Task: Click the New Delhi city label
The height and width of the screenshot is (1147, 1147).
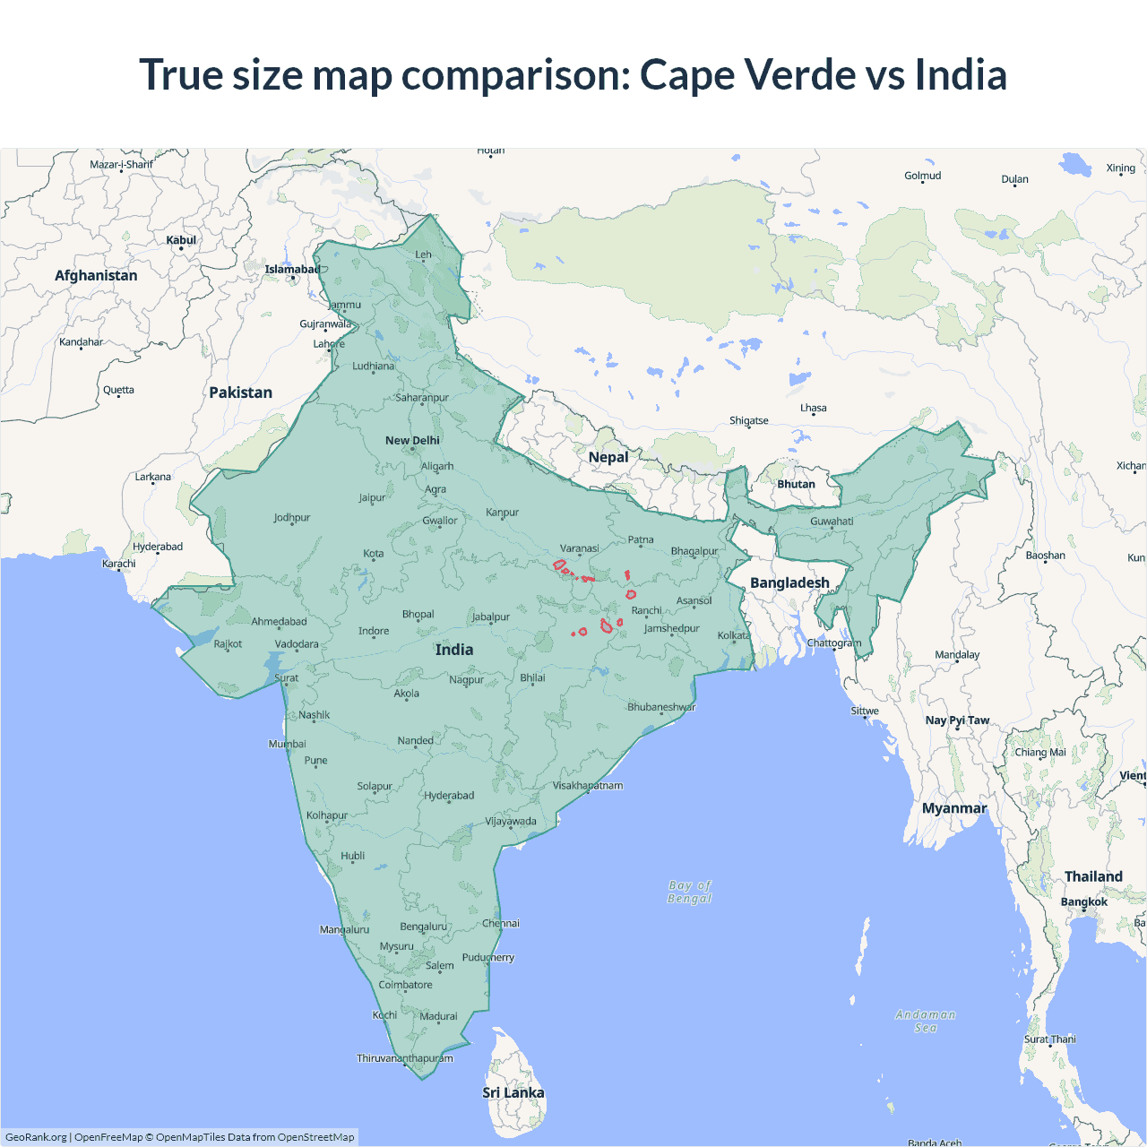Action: (412, 440)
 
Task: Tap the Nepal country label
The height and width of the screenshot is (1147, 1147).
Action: (608, 457)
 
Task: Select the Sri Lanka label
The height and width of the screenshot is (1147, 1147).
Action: (513, 1092)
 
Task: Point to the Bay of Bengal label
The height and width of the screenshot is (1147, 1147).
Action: (689, 892)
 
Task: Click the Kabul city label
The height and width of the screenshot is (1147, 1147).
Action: (181, 240)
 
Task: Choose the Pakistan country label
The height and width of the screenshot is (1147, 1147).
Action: (240, 392)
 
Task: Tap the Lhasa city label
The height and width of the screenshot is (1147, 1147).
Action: (814, 408)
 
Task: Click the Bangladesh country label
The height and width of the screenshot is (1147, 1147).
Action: (789, 582)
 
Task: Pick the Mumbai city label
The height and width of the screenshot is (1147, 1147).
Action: (287, 744)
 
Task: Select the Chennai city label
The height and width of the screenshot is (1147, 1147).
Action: (501, 923)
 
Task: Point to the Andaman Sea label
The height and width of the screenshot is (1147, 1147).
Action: (926, 1022)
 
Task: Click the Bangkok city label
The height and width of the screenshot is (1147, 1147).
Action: (1084, 901)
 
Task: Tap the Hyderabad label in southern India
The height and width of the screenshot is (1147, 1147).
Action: (449, 796)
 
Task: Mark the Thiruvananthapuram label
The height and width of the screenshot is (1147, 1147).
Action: (405, 1058)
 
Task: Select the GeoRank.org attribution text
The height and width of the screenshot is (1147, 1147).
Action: (36, 1137)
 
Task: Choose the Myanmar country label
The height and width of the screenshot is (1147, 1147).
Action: (954, 808)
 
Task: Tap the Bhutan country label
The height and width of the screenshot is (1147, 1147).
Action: (796, 484)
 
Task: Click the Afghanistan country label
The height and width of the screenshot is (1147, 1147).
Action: (96, 276)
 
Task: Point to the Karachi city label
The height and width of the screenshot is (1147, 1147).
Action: (119, 564)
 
